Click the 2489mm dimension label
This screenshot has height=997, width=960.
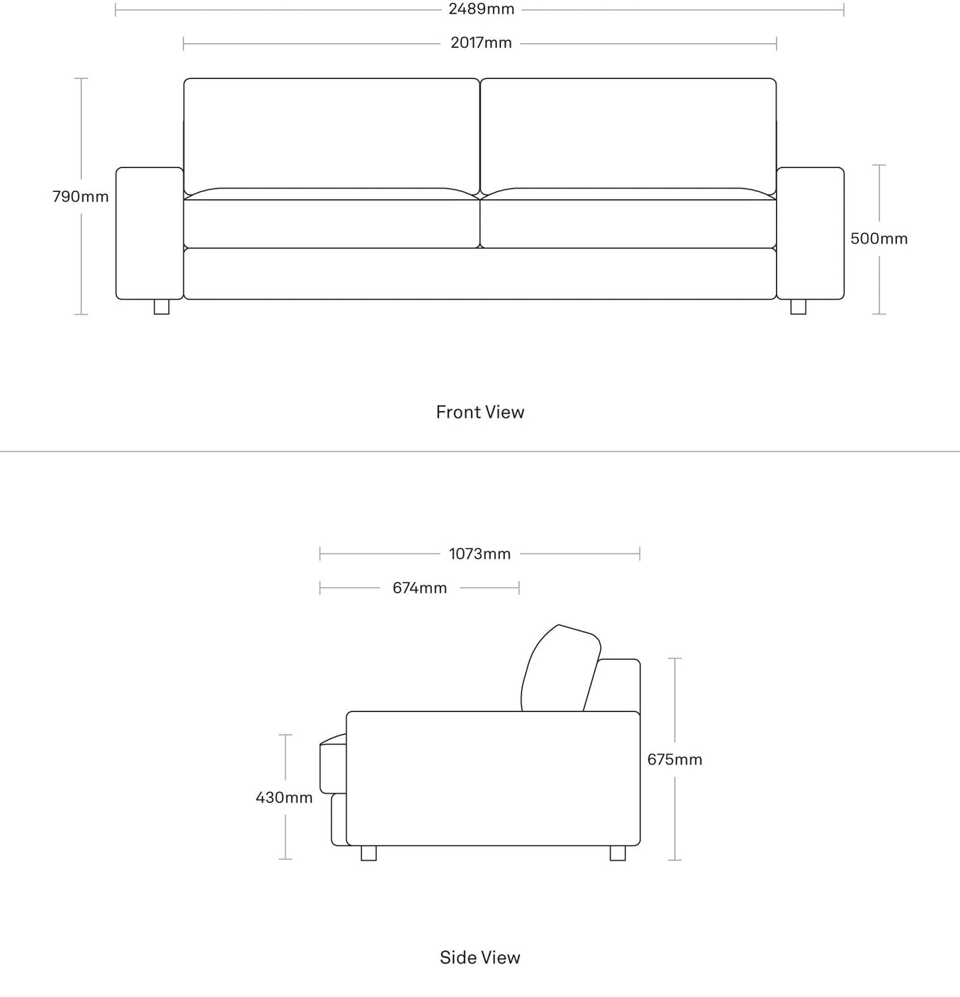point(481,9)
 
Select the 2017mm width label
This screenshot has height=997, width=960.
point(481,43)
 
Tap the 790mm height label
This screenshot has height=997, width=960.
point(80,197)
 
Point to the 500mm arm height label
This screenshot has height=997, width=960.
point(878,238)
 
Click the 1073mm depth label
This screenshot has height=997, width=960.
point(480,554)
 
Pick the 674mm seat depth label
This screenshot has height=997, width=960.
point(419,588)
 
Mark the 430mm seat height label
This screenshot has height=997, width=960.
point(284,797)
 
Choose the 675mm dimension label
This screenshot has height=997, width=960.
point(674,759)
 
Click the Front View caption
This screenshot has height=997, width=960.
point(480,412)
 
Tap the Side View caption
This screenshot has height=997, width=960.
point(480,957)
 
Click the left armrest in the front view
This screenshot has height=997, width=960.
point(149,233)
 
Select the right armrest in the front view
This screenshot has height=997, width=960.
point(810,233)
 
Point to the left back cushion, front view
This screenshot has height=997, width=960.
point(331,133)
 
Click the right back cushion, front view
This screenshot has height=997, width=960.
point(628,133)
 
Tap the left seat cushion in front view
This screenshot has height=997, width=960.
point(331,223)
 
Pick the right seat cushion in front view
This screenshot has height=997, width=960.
point(628,223)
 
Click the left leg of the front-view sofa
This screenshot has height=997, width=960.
point(161,307)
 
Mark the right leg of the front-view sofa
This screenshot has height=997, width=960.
point(798,307)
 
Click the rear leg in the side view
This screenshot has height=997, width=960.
point(618,853)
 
